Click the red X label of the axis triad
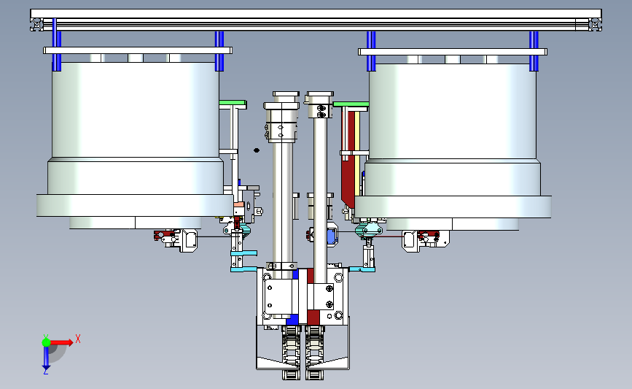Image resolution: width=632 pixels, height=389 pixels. (x=78, y=339)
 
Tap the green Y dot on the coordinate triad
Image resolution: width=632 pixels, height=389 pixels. (x=46, y=342)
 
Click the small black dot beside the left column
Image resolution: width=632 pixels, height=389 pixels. (x=257, y=150)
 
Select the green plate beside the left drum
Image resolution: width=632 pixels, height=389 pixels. (x=233, y=103)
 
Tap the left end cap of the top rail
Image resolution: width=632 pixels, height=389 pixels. (x=36, y=25)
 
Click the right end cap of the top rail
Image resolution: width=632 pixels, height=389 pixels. (x=595, y=25)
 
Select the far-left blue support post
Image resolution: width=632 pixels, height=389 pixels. (x=56, y=47)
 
